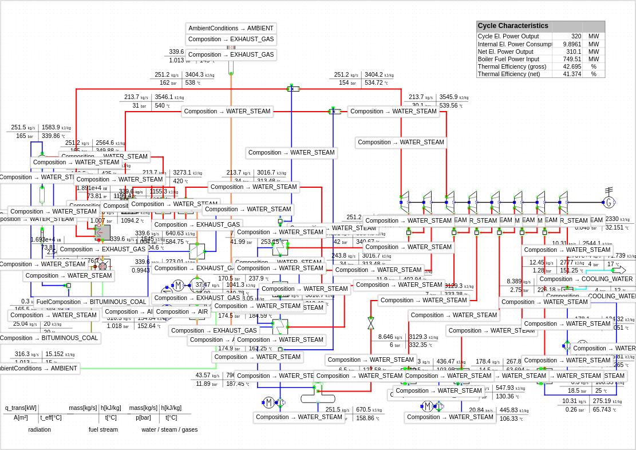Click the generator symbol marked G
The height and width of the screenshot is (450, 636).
[609, 202]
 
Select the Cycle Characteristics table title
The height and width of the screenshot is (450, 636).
[513, 26]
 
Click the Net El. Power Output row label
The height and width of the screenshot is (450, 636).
[505, 52]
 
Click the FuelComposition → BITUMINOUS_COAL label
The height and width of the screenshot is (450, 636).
[92, 302]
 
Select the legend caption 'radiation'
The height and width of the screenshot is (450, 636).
[39, 429]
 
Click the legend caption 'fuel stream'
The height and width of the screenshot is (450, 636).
[103, 429]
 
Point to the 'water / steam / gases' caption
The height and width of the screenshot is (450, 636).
[169, 429]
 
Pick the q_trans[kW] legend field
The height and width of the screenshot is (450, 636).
[21, 408]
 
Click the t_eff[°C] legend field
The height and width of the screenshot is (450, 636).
[51, 417]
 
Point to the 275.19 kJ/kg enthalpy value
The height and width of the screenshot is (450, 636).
[606, 401]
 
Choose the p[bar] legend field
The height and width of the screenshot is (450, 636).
[143, 417]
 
